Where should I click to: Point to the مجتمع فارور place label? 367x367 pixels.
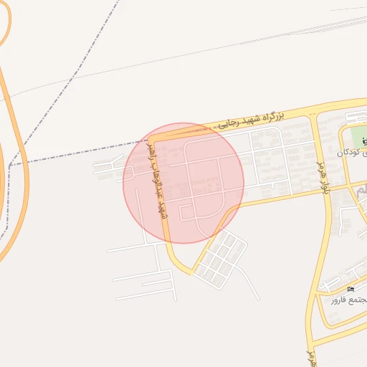348,300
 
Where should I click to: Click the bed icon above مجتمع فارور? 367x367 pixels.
351,289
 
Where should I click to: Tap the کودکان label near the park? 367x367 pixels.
351,153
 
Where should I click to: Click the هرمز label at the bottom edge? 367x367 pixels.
311,357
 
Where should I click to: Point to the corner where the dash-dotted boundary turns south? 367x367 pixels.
10,166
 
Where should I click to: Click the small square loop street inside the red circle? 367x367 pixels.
187,212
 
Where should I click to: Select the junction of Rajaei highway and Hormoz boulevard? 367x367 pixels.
313,114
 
